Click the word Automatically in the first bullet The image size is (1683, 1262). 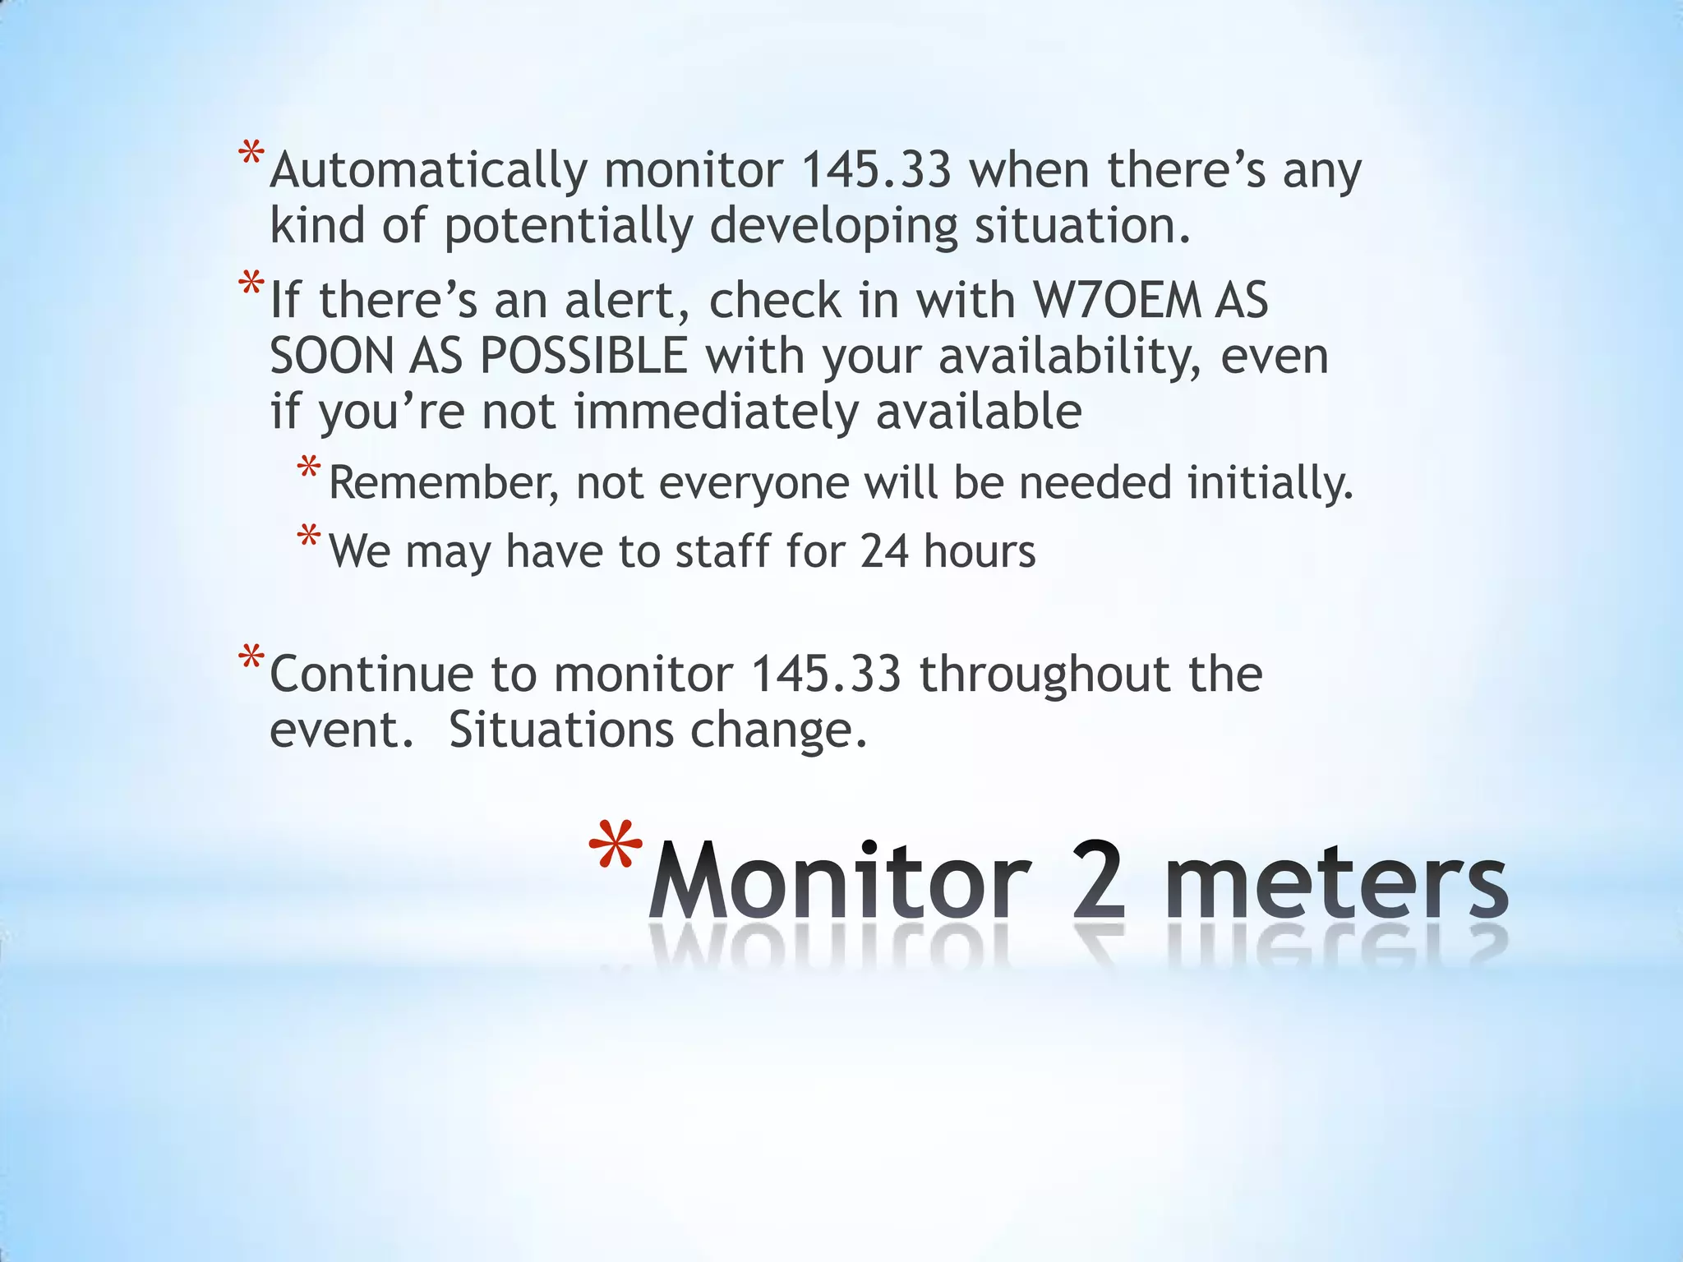428,170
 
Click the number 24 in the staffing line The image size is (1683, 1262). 884,551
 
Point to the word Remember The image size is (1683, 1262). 443,482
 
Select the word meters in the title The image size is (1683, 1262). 1336,882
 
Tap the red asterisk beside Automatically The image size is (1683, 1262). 251,154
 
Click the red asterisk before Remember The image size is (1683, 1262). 309,469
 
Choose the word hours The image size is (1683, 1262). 980,551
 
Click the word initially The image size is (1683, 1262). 1269,482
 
